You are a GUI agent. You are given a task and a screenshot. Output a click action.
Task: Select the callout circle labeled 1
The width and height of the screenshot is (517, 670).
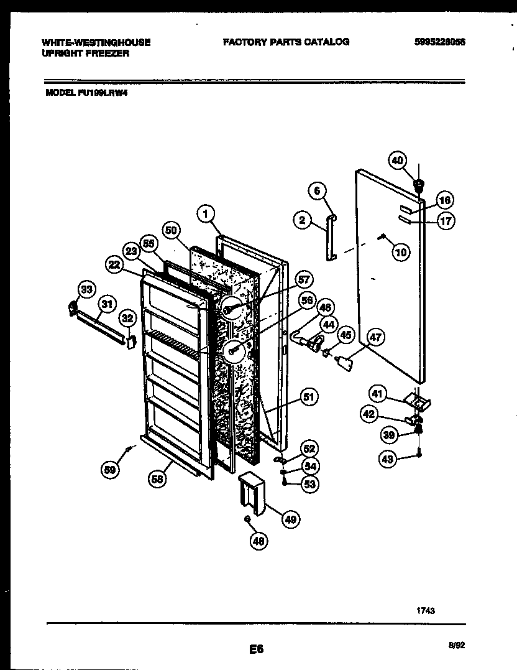point(204,213)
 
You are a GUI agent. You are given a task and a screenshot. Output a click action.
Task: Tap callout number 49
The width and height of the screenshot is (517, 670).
point(289,519)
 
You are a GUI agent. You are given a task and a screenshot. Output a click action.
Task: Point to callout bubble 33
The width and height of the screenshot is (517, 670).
point(86,289)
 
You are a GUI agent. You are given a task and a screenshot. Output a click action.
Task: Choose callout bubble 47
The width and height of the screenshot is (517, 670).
point(375,338)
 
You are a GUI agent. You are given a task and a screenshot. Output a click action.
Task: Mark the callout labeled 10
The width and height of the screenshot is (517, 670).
point(401,251)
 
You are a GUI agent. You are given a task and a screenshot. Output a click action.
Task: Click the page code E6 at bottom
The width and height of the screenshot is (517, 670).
point(257,649)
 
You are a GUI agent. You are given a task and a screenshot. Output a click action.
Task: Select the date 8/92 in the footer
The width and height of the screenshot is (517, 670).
point(456,646)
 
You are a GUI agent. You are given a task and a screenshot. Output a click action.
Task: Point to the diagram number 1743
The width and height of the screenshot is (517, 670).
point(426,611)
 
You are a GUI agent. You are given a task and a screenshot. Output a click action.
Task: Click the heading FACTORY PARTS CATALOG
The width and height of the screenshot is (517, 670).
point(286,42)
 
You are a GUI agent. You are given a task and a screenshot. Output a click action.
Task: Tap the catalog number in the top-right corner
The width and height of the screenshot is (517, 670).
point(439,42)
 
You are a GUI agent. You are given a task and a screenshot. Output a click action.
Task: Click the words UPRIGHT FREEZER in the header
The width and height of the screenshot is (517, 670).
point(85,54)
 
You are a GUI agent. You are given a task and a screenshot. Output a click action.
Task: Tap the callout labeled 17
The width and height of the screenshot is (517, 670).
point(445,220)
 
